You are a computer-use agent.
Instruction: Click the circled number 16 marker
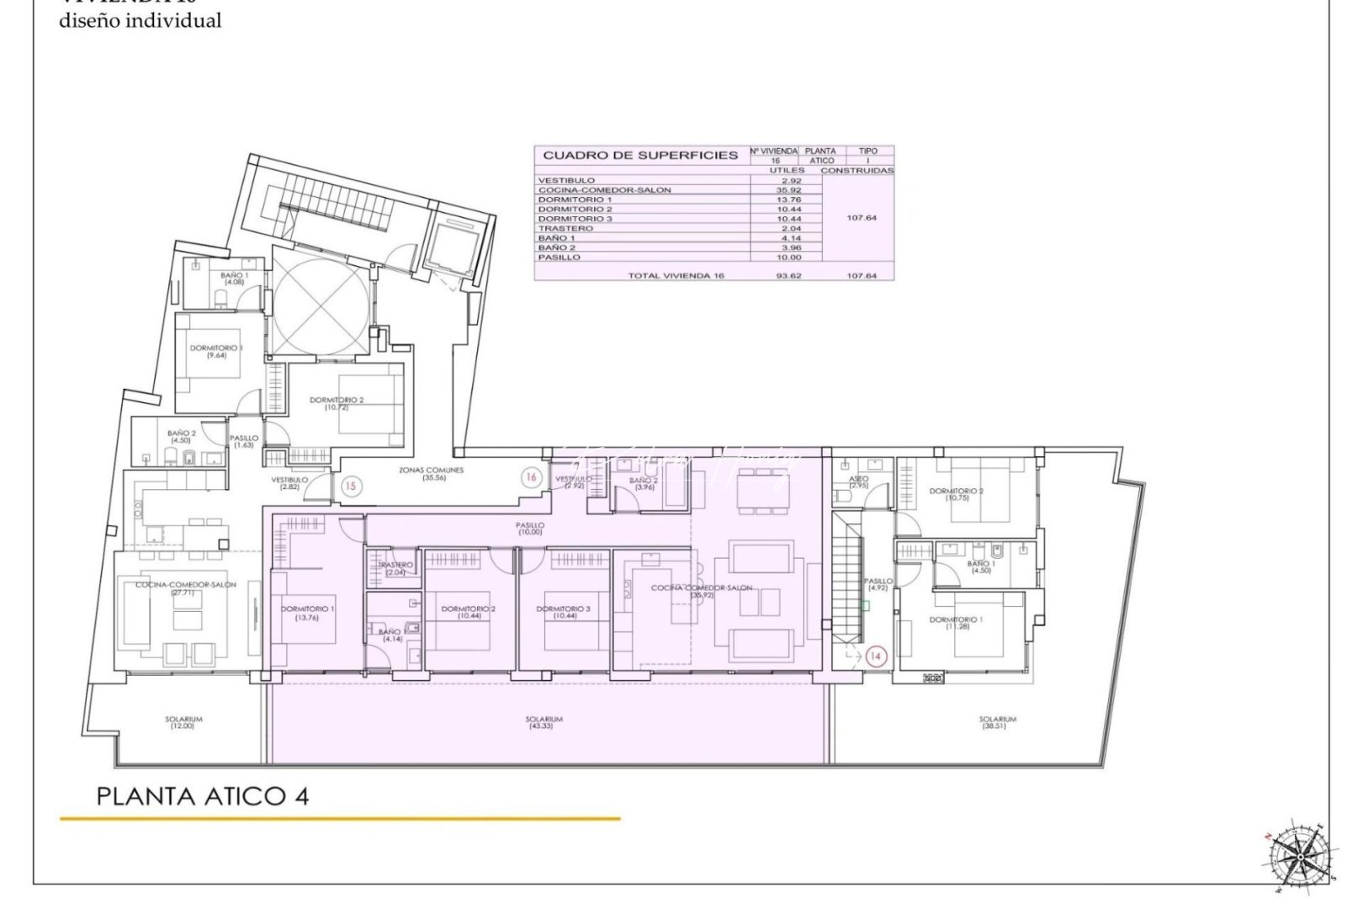pos(530,477)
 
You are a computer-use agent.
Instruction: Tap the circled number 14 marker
pos(876,656)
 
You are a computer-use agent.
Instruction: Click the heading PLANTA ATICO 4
pos(203,795)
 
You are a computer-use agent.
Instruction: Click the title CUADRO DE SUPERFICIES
pos(640,155)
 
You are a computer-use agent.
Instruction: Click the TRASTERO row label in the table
pos(565,228)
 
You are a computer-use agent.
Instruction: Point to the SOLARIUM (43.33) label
pos(544,722)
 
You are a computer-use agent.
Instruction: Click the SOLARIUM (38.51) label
pos(997,722)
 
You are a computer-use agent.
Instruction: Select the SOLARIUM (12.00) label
pos(183,722)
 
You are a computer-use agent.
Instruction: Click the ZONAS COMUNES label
pos(431,474)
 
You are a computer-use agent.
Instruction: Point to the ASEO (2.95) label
pos(858,482)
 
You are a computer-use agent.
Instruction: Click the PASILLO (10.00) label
pos(530,529)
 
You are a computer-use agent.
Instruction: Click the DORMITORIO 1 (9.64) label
pos(216,351)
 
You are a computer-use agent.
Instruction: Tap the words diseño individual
pos(141,22)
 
